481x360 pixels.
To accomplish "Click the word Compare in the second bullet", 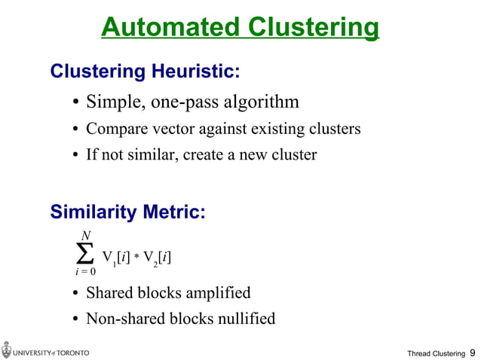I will (x=113, y=129).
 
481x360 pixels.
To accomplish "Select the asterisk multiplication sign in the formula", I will (x=138, y=258).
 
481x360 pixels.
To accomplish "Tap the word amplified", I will (x=219, y=292).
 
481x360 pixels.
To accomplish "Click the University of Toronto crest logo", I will (x=7, y=351).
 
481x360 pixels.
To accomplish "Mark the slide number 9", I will (x=472, y=352).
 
